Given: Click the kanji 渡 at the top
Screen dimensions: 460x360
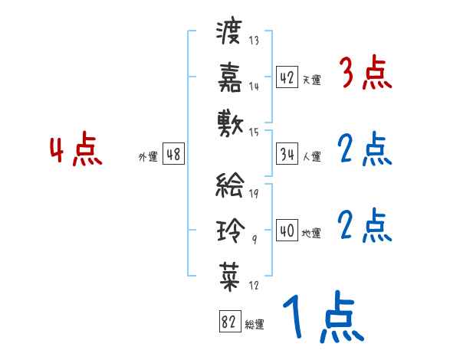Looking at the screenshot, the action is [229, 33].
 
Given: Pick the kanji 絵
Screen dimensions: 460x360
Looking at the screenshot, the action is [229, 185].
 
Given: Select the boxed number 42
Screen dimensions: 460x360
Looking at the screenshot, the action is [287, 77].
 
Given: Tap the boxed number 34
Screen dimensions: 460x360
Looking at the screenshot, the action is [287, 154].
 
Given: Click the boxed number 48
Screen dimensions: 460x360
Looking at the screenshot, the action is [172, 155].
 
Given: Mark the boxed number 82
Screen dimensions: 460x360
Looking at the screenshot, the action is [229, 322].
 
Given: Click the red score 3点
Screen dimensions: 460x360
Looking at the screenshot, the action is [365, 75].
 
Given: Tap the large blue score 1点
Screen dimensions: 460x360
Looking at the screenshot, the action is [322, 319].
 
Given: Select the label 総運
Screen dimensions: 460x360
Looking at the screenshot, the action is [255, 325].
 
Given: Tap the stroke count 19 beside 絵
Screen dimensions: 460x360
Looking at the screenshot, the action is [253, 192].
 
